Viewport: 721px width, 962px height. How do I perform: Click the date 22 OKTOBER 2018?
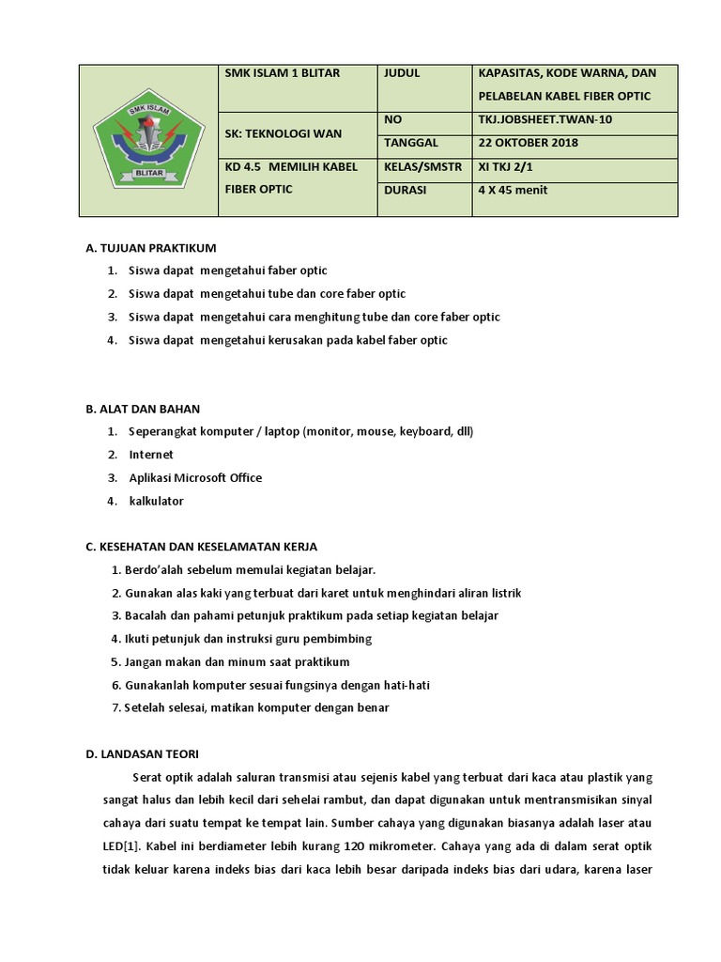click(528, 143)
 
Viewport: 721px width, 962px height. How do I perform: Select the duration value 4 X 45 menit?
click(513, 190)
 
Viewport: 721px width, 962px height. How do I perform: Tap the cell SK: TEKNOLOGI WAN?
click(284, 133)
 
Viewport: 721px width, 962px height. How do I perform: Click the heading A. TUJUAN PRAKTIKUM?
click(150, 248)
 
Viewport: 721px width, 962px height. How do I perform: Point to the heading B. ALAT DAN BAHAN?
click(143, 409)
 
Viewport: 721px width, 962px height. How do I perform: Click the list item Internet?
click(151, 455)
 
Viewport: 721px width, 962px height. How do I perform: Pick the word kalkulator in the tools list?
click(157, 501)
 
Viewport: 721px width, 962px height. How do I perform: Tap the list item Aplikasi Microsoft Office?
click(195, 478)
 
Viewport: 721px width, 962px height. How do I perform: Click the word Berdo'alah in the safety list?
click(154, 570)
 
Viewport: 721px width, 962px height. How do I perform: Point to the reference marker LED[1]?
click(117, 823)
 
